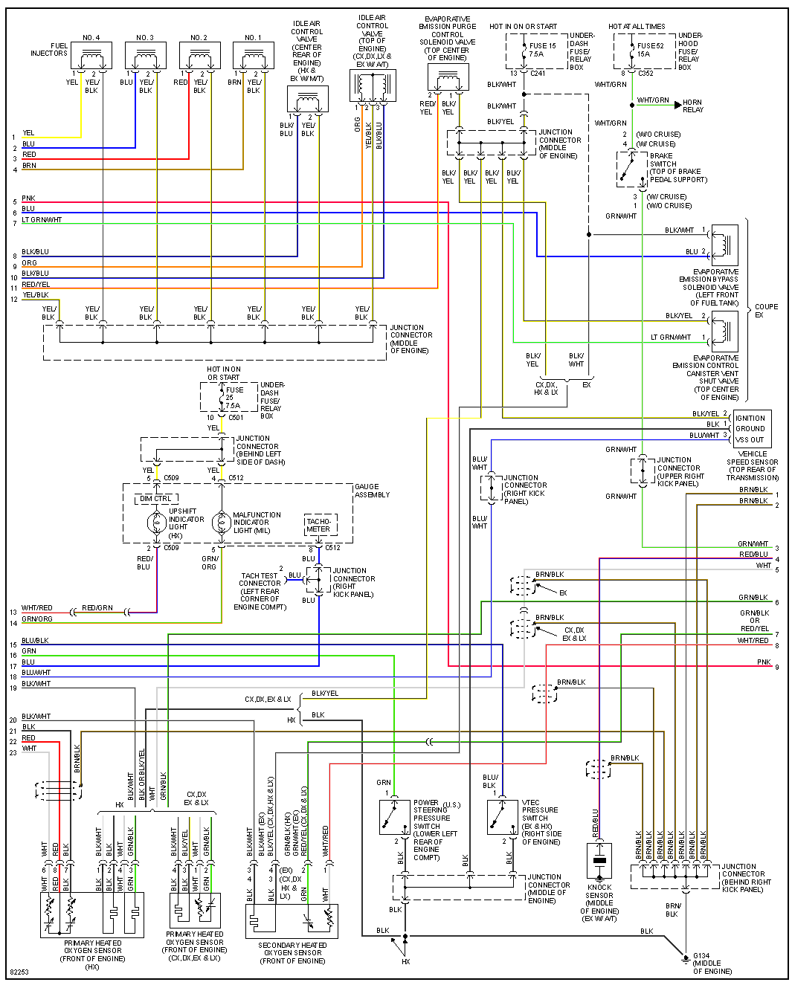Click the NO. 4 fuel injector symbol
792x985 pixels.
pos(91,56)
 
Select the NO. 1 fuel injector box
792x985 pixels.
pos(254,56)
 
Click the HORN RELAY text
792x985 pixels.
pos(692,106)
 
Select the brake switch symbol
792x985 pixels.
pos(631,169)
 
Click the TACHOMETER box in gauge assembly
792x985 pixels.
pos(319,525)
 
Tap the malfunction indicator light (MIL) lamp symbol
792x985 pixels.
pos(221,523)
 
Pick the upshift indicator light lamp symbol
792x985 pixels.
pos(156,523)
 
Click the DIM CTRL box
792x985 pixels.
pos(156,499)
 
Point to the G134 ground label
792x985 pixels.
pos(701,956)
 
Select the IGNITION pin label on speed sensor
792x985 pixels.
pos(750,418)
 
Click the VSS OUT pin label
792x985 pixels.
pos(750,439)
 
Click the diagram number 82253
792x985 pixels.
pos(19,972)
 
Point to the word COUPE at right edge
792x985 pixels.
pos(766,306)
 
